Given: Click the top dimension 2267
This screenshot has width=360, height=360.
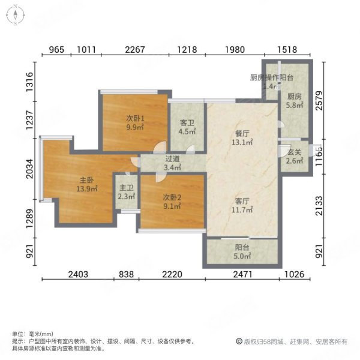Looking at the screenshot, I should tap(134, 50).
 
